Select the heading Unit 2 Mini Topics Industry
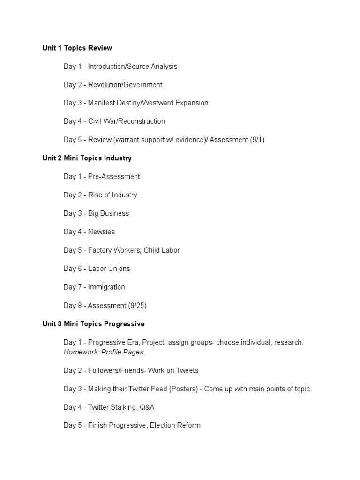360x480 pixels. click(x=87, y=158)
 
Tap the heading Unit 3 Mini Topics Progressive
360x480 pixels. click(x=93, y=324)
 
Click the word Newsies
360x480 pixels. click(x=101, y=232)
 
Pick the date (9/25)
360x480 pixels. click(x=137, y=305)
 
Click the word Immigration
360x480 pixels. click(x=106, y=287)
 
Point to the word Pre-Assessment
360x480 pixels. click(x=114, y=176)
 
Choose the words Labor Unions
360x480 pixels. click(x=109, y=269)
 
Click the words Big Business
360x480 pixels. click(x=108, y=213)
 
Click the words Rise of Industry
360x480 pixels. click(x=112, y=195)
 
